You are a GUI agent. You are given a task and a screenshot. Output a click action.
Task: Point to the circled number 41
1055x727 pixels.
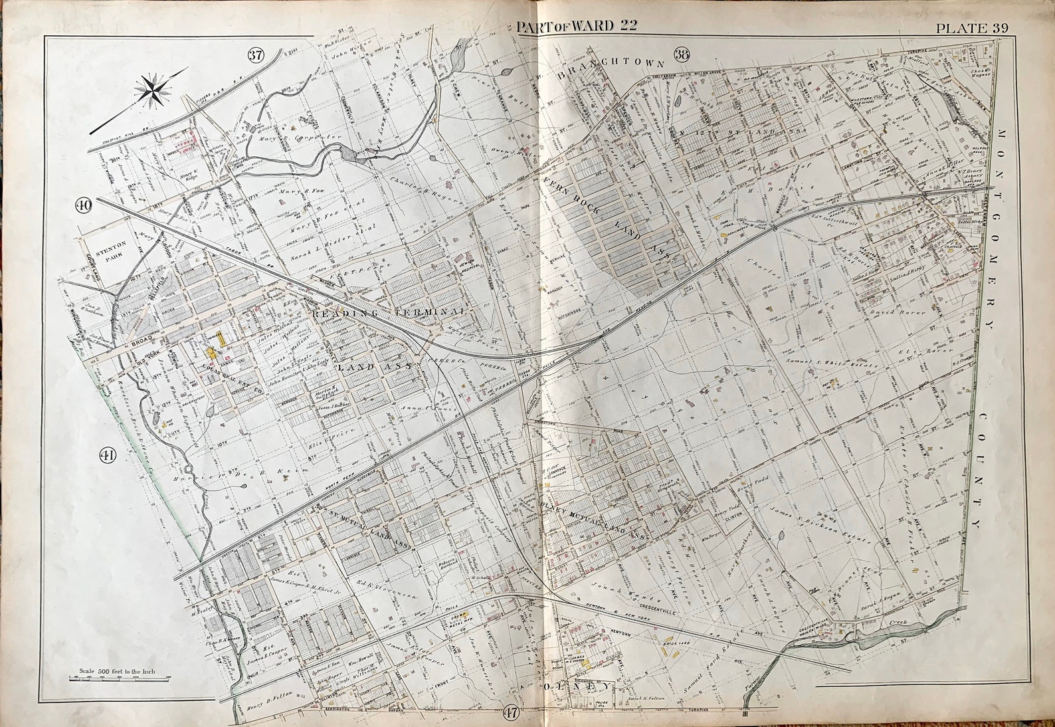[x=107, y=455]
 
